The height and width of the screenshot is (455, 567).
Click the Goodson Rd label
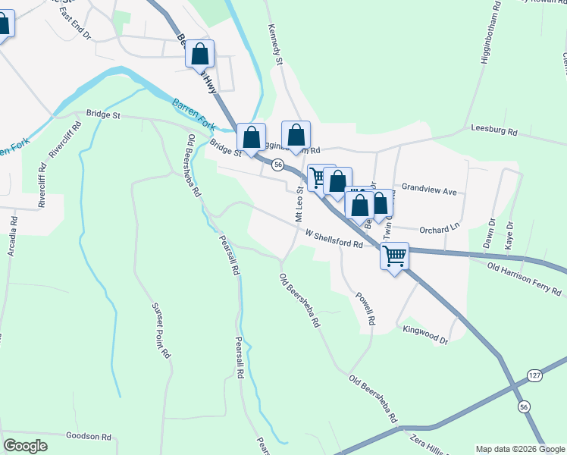(89, 437)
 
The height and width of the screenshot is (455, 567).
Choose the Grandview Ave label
(430, 189)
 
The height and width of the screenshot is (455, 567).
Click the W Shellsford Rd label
(334, 239)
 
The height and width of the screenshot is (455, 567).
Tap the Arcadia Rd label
(12, 237)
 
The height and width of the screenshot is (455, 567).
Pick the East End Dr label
(76, 35)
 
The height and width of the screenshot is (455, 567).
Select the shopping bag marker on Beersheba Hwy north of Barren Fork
(200, 55)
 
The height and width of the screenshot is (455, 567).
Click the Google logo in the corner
(25, 446)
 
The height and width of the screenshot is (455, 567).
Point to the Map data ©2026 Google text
(520, 449)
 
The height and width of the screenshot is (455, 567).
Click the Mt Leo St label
(299, 205)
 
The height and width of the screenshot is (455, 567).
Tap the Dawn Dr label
(487, 234)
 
